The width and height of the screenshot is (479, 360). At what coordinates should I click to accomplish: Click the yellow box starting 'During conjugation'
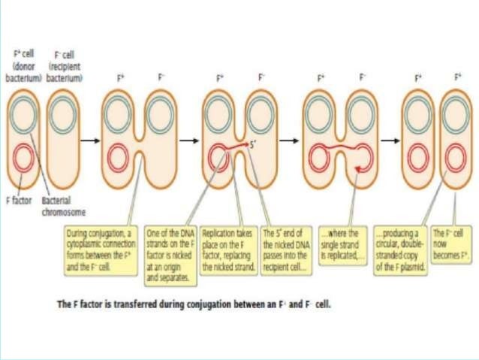(103, 245)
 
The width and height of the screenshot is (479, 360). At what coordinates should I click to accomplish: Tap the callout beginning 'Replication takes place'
(228, 245)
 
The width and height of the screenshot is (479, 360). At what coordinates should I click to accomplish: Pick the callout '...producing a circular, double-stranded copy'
(400, 245)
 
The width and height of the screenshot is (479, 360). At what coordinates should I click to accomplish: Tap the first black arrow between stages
(90, 139)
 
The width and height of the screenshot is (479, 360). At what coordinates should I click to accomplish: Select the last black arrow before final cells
(389, 139)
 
